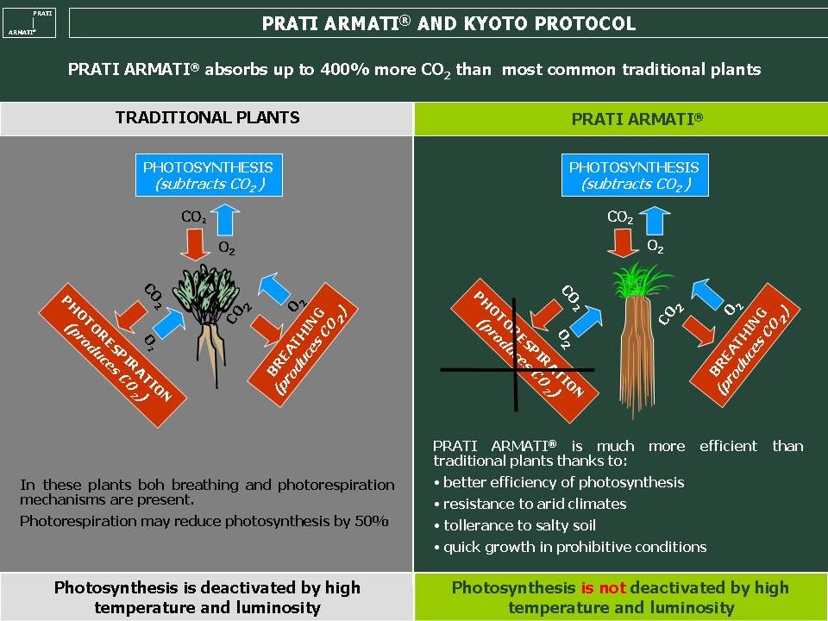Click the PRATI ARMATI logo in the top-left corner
pos(29,23)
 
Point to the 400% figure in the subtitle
pos(344,70)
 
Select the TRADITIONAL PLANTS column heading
pos(208,117)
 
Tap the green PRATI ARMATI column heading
pos(637,118)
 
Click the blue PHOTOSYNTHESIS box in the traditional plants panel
pos(209,175)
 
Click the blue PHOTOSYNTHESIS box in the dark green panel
pos(635,175)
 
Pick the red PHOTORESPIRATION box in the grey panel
pos(112,355)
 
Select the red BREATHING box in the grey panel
pos(303,345)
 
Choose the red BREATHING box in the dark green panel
pos(745,345)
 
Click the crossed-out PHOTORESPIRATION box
pos(524,351)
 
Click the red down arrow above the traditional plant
pos(196,244)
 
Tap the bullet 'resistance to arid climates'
pos(530,505)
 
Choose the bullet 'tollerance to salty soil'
pos(515,525)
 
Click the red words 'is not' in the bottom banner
pos(603,587)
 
